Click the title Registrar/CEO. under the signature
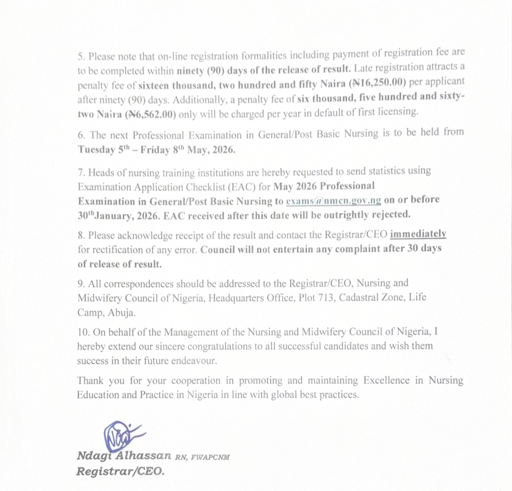(x=120, y=471)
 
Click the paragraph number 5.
(x=81, y=52)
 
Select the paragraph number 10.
(x=83, y=331)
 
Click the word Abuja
(x=124, y=312)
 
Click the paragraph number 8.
(x=81, y=235)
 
